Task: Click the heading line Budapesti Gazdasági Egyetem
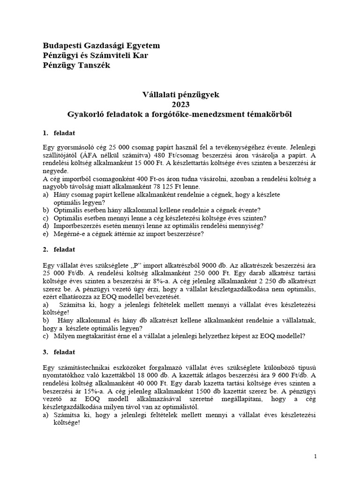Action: coord(101,45)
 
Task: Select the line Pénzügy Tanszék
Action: coord(76,66)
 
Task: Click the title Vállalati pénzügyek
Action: coord(180,95)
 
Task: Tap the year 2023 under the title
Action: coord(180,105)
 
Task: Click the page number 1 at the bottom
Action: coord(315,456)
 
